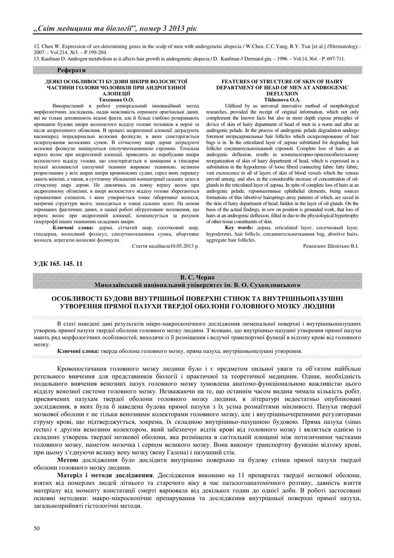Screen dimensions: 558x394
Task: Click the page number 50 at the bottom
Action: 36,528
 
